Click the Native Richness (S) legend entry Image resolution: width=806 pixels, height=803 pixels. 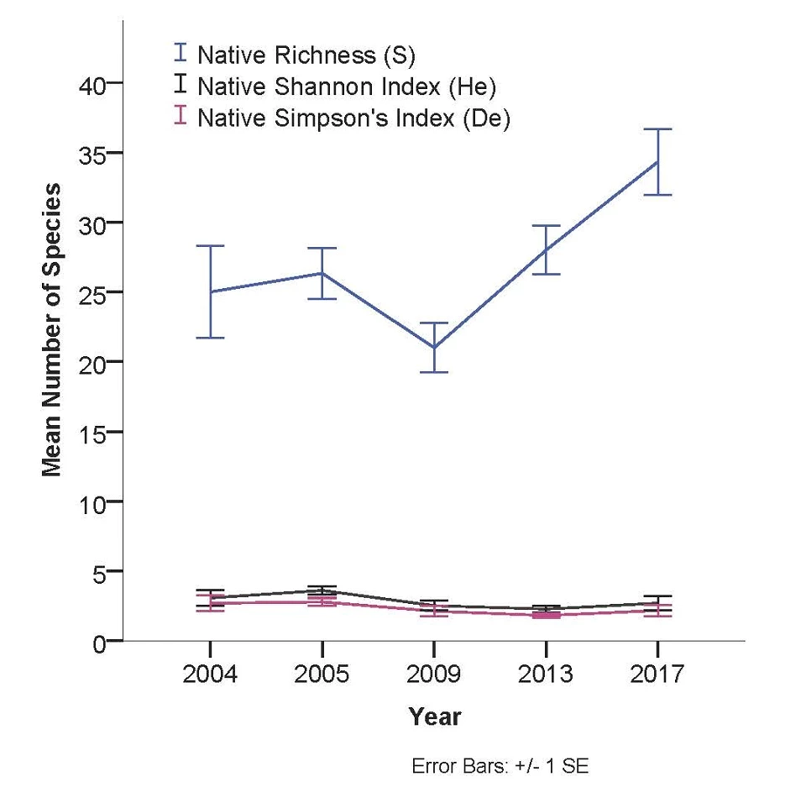coord(306,55)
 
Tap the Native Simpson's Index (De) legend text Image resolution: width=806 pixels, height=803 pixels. coord(353,118)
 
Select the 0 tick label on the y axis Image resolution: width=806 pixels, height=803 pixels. coord(99,642)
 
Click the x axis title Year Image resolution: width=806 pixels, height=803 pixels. coord(434,717)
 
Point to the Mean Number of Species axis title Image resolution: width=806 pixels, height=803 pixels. coord(52,329)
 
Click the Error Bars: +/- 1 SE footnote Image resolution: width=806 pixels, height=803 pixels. coord(500,767)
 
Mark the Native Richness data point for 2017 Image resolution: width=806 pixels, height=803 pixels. coord(658,161)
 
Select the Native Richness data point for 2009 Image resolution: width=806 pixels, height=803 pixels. coord(434,347)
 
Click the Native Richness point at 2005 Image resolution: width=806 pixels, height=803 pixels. coord(322,273)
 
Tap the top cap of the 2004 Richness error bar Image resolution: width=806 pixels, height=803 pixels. coord(210,246)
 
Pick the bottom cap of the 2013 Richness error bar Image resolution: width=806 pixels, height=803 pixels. coord(547,274)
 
